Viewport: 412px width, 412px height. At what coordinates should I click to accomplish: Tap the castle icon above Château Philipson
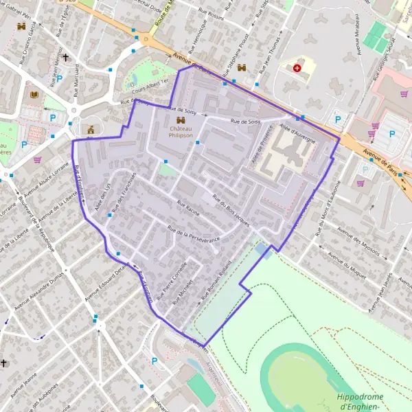172,121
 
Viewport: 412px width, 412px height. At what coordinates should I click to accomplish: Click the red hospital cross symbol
297,67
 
